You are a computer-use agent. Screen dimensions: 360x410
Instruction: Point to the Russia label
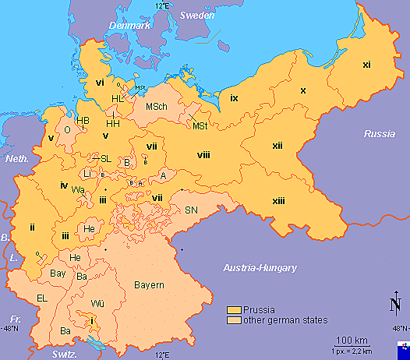380,134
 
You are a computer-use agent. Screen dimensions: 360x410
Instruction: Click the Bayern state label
148,285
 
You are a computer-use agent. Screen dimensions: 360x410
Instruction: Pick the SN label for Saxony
191,210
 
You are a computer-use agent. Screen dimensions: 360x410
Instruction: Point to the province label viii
203,156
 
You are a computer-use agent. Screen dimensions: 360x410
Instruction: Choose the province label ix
234,97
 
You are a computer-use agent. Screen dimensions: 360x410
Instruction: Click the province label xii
277,146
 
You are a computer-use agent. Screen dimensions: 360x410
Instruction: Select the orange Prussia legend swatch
232,309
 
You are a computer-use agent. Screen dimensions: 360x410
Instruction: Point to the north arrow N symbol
395,305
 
